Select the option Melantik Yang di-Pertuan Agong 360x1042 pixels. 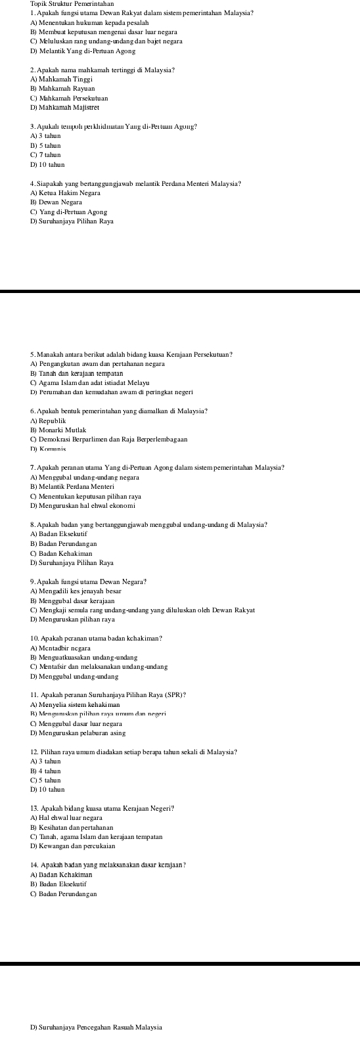pos(82,51)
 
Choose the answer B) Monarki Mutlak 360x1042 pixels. pos(58,430)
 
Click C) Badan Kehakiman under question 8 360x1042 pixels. pos(64,553)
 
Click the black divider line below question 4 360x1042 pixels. pos(180,291)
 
